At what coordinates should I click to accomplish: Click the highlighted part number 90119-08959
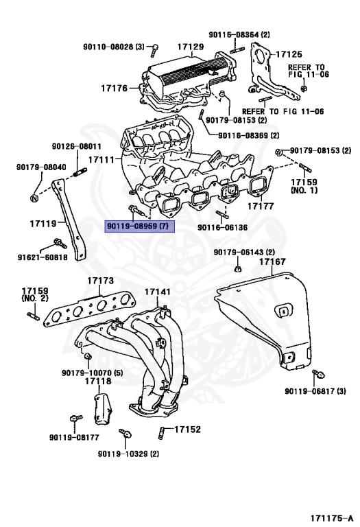click(140, 226)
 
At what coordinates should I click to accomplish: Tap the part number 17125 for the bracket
click(289, 53)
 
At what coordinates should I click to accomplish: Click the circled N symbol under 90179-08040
click(34, 198)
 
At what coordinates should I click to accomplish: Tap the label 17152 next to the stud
click(187, 430)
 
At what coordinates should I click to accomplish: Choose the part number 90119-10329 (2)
click(128, 454)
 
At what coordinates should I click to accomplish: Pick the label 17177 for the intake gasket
click(261, 205)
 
